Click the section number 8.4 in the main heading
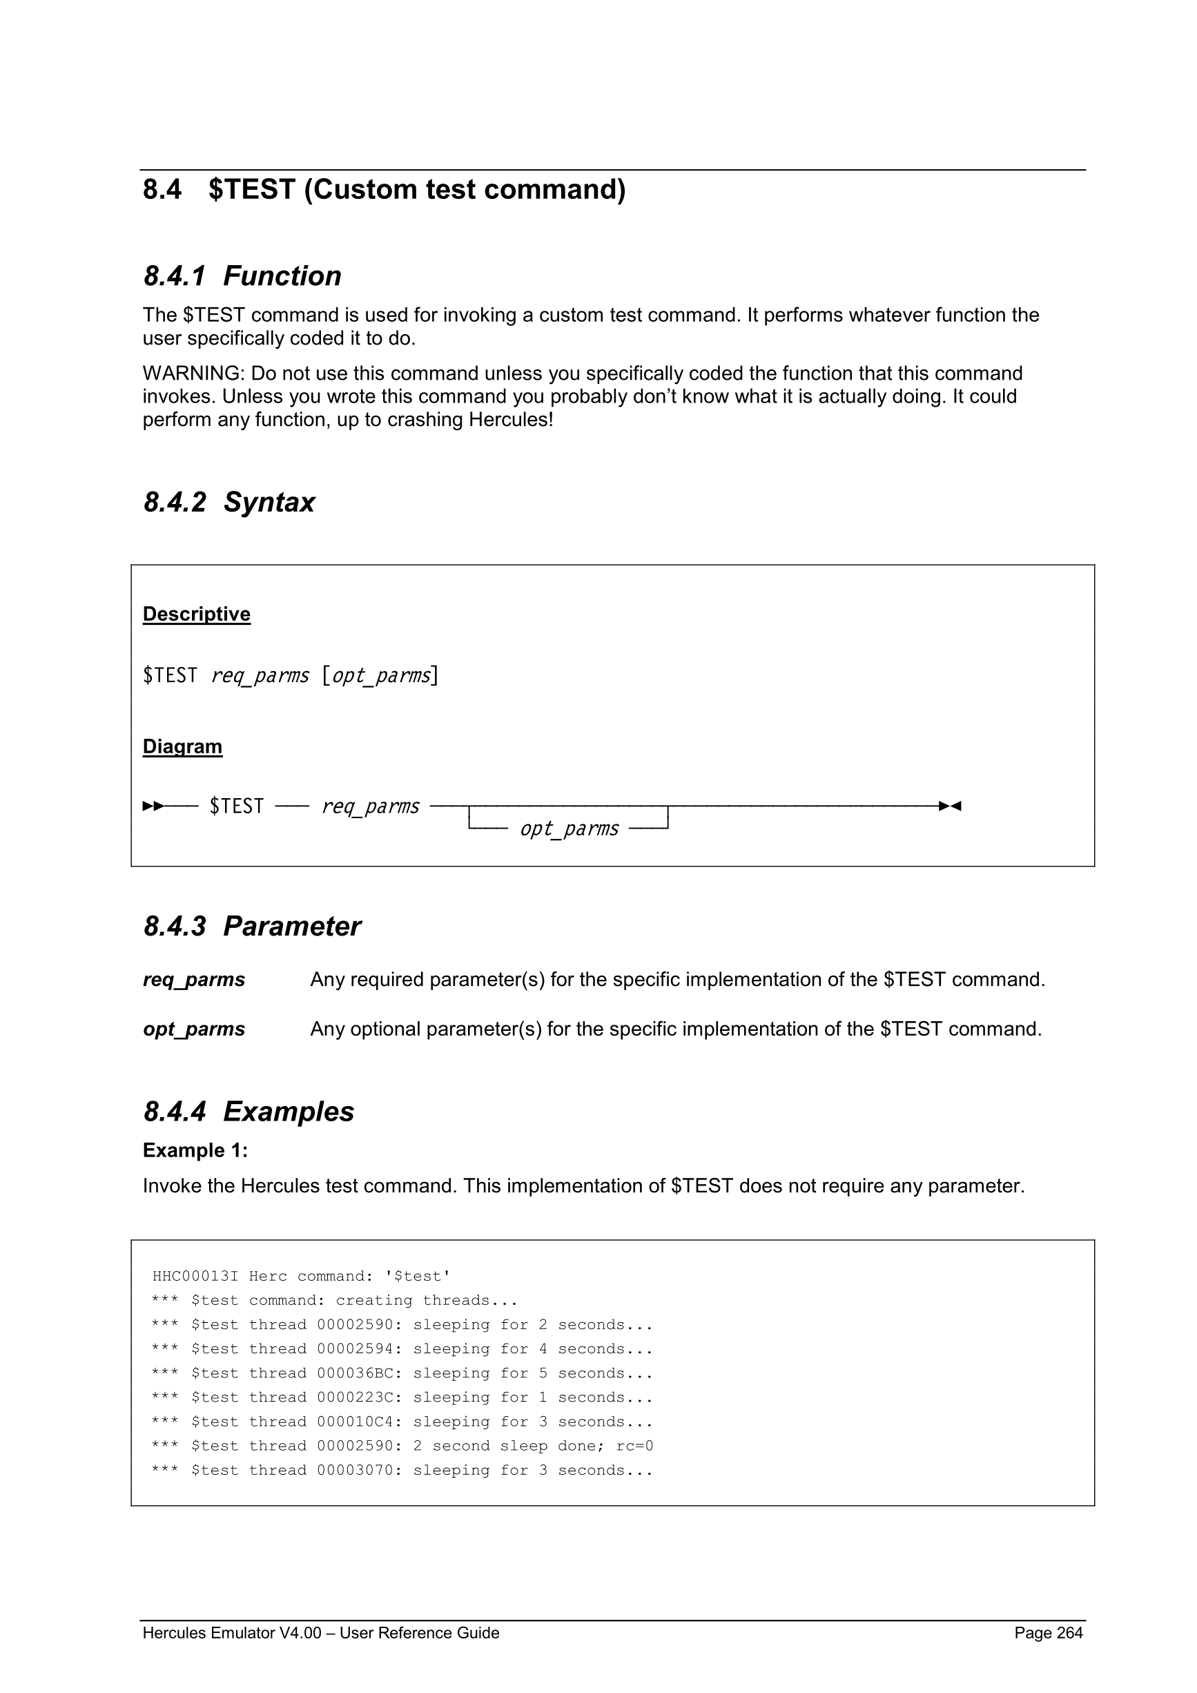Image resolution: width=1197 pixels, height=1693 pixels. tap(162, 189)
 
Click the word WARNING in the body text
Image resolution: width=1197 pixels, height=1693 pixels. tap(192, 373)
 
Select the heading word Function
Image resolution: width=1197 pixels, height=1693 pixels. tap(282, 276)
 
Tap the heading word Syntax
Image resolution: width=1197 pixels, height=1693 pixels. tap(269, 502)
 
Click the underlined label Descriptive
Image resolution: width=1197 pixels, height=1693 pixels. tap(196, 615)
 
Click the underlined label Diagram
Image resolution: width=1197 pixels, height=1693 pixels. tap(182, 746)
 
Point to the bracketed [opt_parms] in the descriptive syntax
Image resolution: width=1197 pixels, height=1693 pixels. tap(380, 675)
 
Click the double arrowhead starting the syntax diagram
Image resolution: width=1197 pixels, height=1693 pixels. tap(153, 806)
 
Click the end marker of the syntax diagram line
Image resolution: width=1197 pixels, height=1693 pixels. tap(949, 806)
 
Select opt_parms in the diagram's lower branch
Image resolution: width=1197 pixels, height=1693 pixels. tap(569, 829)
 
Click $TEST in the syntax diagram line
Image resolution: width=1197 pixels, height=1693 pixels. tap(237, 806)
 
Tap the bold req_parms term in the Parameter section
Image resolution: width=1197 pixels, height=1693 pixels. tap(194, 979)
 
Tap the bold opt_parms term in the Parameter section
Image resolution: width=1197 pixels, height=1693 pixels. tap(194, 1029)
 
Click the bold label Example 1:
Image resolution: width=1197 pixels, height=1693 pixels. tap(195, 1150)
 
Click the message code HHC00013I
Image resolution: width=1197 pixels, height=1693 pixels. tap(195, 1277)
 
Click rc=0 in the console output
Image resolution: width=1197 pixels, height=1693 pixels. tap(634, 1446)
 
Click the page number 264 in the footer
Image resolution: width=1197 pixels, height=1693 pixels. tap(1069, 1632)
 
